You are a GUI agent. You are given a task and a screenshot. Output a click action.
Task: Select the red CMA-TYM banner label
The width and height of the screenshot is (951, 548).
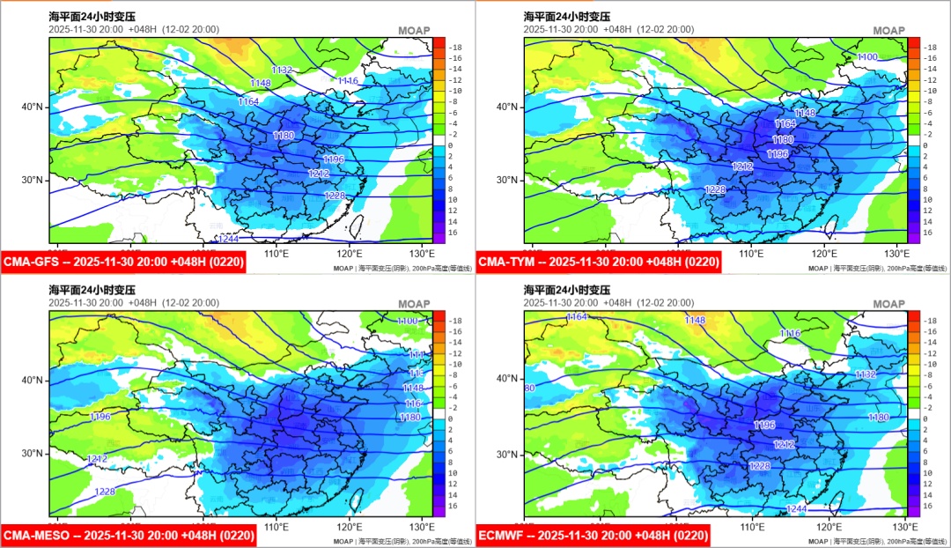(x=598, y=262)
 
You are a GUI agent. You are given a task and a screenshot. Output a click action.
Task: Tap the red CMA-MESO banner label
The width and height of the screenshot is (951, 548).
(x=129, y=535)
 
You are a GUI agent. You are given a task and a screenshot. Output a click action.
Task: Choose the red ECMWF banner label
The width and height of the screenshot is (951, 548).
(x=595, y=535)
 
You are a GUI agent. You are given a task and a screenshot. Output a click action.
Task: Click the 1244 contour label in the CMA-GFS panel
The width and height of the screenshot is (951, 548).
(x=228, y=239)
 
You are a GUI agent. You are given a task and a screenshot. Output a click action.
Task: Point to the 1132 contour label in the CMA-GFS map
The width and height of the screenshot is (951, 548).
(x=282, y=70)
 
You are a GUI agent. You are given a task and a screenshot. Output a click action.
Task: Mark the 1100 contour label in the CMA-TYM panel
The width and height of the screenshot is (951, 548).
(x=867, y=57)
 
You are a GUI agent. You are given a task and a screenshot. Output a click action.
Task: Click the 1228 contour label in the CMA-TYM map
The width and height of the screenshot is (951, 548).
(x=715, y=189)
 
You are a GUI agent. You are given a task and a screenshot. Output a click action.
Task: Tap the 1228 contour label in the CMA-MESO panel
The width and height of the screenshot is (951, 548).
(x=105, y=492)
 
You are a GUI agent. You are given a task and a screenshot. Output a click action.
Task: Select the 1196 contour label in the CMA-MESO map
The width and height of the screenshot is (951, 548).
(x=100, y=417)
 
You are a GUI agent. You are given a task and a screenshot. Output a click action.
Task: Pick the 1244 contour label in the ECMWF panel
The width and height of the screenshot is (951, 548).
(x=796, y=509)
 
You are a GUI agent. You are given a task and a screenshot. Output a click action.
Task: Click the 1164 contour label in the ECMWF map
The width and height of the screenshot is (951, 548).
(x=577, y=316)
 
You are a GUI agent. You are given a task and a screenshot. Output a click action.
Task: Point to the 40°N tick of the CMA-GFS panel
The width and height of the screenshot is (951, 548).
(x=33, y=107)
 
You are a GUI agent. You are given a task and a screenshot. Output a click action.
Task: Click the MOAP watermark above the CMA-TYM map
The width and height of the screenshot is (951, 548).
(x=888, y=31)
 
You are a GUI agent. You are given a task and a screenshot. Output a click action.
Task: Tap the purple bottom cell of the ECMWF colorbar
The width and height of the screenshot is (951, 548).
(x=914, y=507)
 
